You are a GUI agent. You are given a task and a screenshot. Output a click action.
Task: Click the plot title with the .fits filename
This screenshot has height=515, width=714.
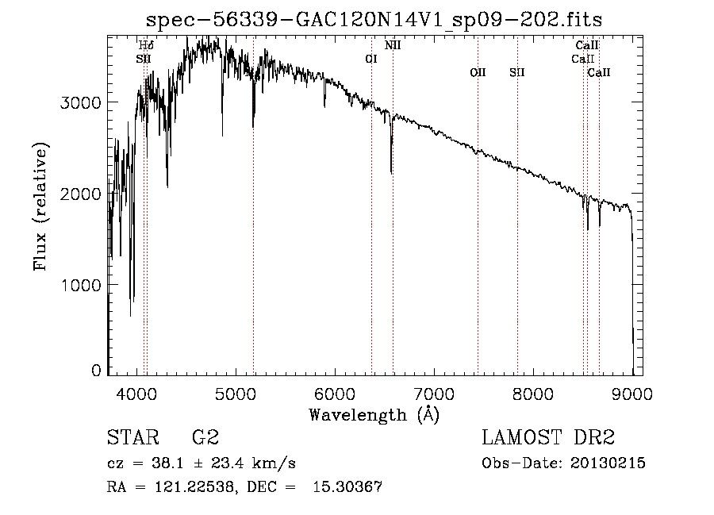pos(374,21)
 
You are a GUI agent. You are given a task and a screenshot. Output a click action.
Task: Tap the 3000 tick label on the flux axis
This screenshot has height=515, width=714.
pos(81,102)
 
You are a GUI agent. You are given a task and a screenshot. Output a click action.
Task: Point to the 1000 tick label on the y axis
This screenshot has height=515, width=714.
pos(81,285)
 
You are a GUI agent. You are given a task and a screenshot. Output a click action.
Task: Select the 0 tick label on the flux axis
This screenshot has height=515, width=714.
pos(96,371)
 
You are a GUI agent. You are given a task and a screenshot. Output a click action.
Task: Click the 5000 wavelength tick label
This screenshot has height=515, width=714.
pos(236,394)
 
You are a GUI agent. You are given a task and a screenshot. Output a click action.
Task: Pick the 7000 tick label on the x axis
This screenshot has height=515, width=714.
pos(434,394)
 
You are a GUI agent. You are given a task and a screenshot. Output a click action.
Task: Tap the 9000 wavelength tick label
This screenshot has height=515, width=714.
pos(632,394)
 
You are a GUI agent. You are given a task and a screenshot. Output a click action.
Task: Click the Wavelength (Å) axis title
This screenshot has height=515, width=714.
pos(374,415)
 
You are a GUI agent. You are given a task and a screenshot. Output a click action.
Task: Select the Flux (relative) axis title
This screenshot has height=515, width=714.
pos(40,206)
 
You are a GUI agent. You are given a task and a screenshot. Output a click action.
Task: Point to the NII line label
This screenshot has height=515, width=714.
pos(393,45)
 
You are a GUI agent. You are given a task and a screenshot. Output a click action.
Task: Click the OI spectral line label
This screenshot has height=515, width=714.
pos(371,59)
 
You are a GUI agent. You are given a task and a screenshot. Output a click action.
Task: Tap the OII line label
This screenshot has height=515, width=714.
pos(478,72)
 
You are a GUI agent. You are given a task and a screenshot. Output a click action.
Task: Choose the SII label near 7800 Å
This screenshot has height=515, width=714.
pos(516,72)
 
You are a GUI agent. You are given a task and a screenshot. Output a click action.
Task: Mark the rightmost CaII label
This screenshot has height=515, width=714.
pos(599,72)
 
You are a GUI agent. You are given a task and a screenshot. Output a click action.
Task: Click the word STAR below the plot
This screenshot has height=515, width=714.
pos(133,437)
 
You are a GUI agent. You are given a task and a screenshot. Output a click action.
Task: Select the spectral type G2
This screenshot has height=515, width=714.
pos(205,437)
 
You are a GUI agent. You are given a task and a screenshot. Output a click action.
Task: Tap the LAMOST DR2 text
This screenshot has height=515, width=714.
pos(548,437)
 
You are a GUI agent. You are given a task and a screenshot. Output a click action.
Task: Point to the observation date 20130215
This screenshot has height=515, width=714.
pos(608,463)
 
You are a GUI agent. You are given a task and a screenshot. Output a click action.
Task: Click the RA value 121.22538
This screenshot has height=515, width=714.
pos(194,487)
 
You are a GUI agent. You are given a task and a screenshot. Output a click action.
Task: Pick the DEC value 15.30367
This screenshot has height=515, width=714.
pos(347,487)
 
